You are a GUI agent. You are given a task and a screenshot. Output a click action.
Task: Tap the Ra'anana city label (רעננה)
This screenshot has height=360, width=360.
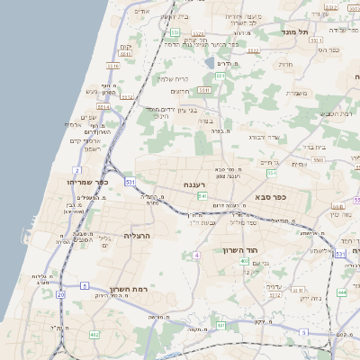click(197, 184)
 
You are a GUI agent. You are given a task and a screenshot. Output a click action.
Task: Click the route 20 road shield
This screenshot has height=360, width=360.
click(60, 294)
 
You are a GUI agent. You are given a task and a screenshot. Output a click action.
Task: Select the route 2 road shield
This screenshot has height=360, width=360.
click(77, 169)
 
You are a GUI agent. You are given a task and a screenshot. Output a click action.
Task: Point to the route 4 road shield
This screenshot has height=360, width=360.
click(195, 256)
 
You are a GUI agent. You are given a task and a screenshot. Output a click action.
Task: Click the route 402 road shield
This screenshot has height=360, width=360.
click(95, 336)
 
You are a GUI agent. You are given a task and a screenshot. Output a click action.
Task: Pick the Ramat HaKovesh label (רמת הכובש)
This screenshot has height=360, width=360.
click(334, 113)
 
